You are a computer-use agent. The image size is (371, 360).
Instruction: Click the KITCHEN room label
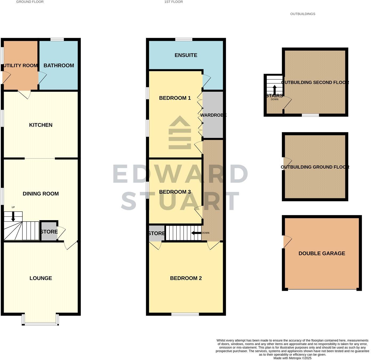click(41, 125)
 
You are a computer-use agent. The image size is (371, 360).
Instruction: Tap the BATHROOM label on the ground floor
click(59, 66)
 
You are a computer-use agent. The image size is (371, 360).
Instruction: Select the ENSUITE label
click(186, 55)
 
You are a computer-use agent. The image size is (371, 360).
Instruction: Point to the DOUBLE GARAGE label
click(322, 253)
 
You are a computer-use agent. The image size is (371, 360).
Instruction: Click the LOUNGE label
click(41, 278)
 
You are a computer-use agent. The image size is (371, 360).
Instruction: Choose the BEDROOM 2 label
click(186, 278)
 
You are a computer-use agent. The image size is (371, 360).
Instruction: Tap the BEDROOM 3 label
click(175, 192)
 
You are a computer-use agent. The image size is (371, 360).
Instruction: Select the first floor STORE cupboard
click(156, 234)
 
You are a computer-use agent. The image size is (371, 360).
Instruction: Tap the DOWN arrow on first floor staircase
click(196, 233)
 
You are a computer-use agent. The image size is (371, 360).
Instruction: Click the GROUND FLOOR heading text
click(30, 2)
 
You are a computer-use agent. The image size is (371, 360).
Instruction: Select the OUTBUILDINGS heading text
click(303, 14)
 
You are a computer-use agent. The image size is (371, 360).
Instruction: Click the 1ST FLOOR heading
click(174, 2)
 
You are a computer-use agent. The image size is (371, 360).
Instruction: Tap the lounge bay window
click(41, 324)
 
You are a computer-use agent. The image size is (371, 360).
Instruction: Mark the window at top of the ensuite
click(184, 40)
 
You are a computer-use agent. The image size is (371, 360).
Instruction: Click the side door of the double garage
click(286, 242)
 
